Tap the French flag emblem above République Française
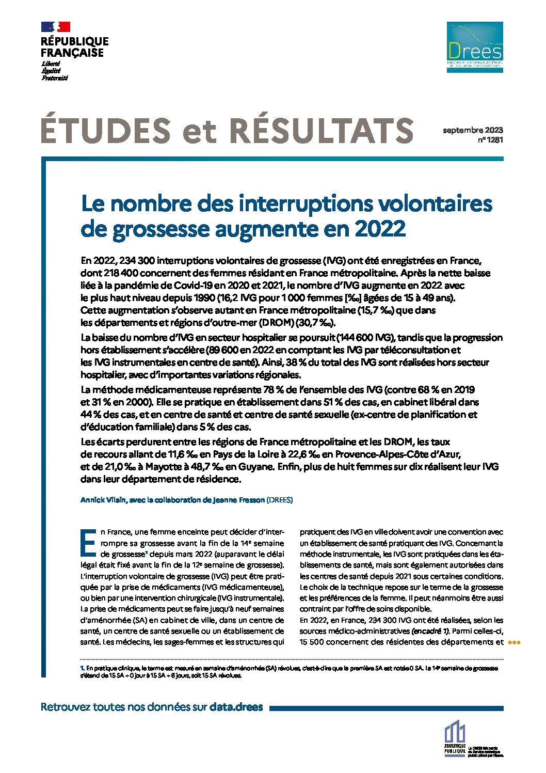click(55, 27)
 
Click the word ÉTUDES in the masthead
click(106, 131)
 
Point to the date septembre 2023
click(473, 131)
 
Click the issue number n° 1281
click(491, 140)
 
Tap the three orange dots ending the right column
click(515, 642)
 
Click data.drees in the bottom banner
click(236, 707)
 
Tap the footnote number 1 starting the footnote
click(82, 668)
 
